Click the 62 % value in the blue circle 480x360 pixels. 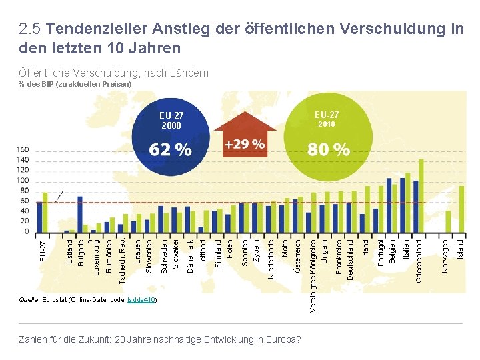click(x=170, y=150)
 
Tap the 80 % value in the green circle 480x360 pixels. click(x=328, y=150)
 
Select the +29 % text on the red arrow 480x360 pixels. click(x=244, y=144)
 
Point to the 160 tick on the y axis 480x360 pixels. click(x=23, y=150)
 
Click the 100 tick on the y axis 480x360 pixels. click(x=23, y=181)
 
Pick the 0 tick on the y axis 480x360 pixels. click(x=27, y=232)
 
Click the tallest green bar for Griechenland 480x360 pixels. click(x=421, y=196)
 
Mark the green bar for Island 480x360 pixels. click(x=461, y=209)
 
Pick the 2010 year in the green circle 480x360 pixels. click(x=327, y=125)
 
